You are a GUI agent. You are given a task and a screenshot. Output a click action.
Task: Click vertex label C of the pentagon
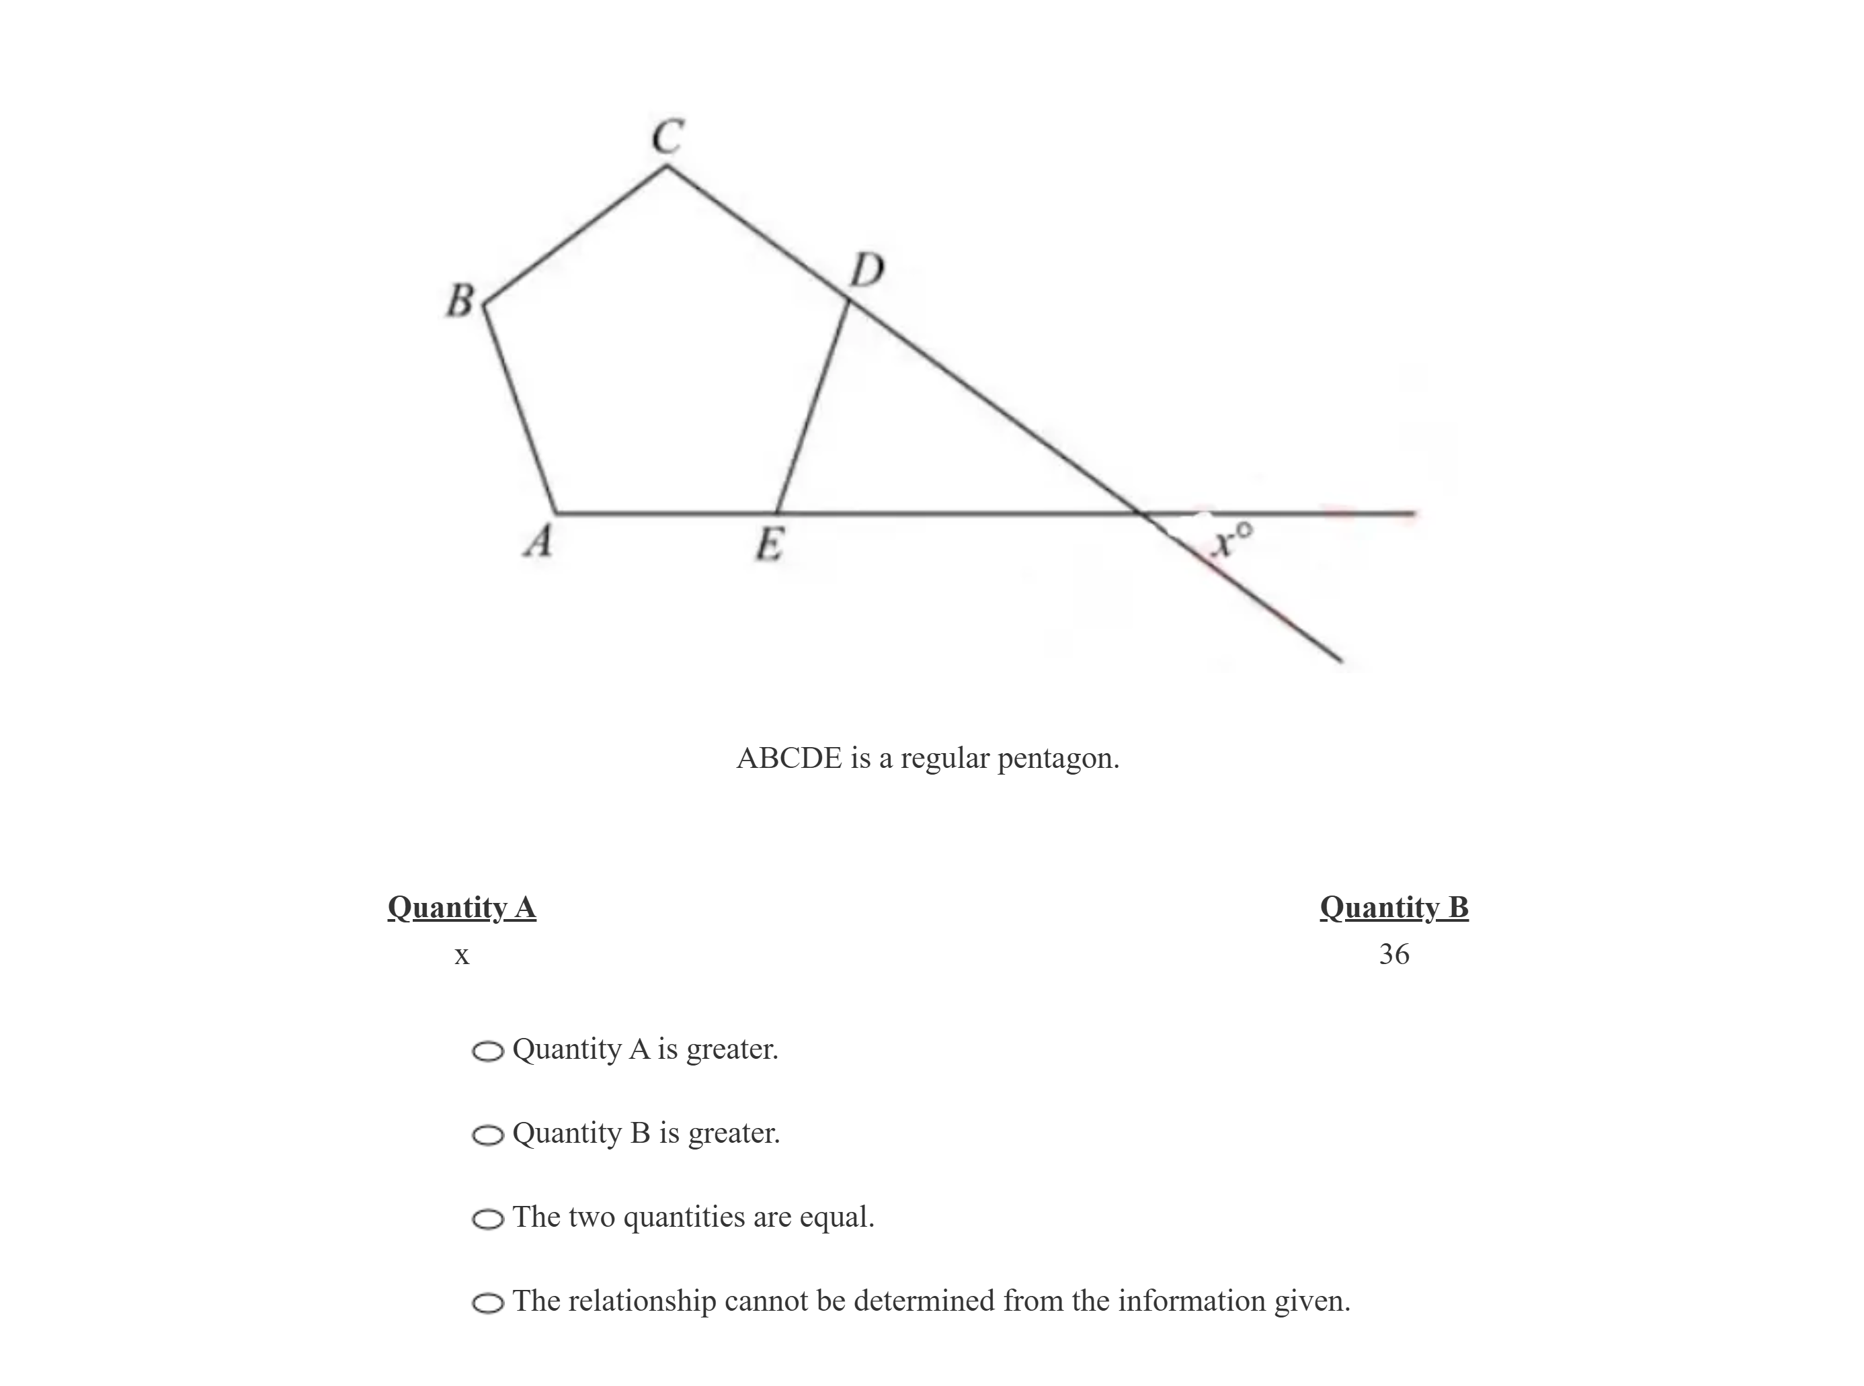pos(668,137)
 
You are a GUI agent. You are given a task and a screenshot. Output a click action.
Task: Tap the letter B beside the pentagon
pos(460,300)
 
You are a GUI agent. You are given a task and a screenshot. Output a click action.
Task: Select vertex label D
pos(867,271)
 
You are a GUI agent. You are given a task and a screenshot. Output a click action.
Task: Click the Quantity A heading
pos(462,908)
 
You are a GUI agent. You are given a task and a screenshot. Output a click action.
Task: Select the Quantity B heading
pos(1394,908)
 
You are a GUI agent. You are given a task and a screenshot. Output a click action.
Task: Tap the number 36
pos(1394,954)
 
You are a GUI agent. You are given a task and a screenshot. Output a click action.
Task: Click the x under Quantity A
pos(462,955)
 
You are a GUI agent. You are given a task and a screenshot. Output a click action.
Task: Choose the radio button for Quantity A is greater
pos(487,1051)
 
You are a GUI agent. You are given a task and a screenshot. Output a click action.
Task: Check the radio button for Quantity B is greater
pos(487,1135)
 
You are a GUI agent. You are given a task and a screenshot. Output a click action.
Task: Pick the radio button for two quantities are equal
pos(487,1219)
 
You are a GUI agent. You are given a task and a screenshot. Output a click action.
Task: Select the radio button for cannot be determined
pos(487,1303)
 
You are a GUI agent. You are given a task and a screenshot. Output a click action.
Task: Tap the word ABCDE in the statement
pos(789,759)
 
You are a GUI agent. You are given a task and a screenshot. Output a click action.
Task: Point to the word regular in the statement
pos(945,759)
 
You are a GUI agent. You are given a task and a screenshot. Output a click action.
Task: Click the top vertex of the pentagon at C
pos(667,166)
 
